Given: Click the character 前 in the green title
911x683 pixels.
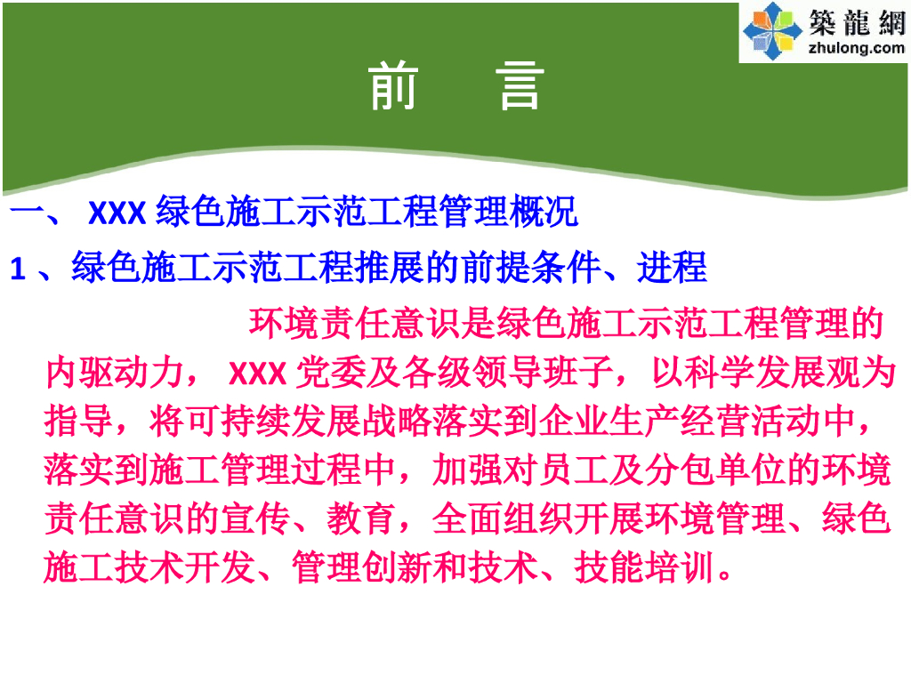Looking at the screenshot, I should pyautogui.click(x=393, y=86).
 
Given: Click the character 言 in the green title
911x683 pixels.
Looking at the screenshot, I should pyautogui.click(x=520, y=86).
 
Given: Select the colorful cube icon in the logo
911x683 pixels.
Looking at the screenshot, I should pyautogui.click(x=771, y=32).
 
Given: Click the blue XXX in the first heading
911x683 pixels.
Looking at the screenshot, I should pyautogui.click(x=117, y=214).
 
